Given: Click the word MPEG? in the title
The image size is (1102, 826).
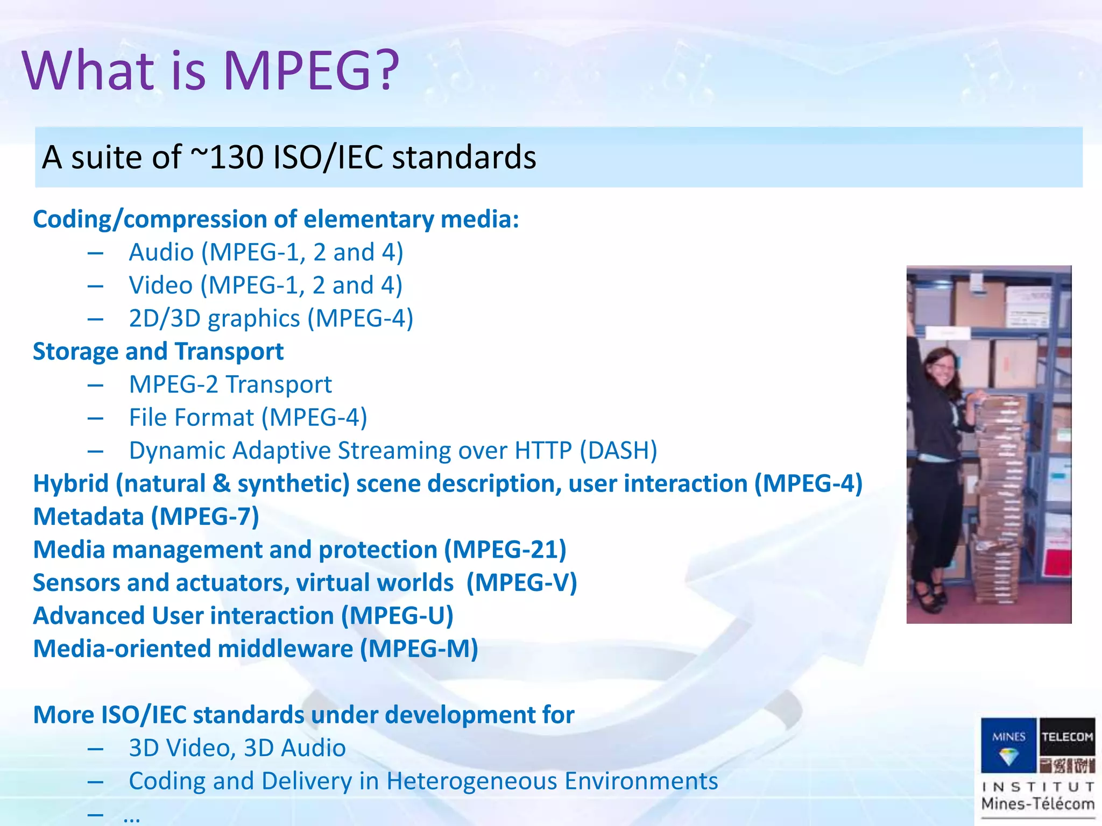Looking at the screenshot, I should [x=311, y=71].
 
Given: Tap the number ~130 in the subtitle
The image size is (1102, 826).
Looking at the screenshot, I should [x=227, y=158].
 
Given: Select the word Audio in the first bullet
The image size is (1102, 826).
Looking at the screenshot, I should [x=161, y=252].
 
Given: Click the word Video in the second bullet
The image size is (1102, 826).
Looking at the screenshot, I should [x=160, y=286].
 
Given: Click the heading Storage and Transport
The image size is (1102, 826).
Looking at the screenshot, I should [x=158, y=352].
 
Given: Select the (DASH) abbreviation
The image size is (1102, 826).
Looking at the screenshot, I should [x=618, y=451].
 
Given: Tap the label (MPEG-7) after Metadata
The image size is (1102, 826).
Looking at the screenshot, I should [x=204, y=517].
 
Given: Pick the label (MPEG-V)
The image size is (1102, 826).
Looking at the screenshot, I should [x=521, y=583].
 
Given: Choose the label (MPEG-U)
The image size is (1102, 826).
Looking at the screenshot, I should [x=397, y=616].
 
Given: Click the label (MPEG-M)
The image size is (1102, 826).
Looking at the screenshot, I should [x=419, y=649].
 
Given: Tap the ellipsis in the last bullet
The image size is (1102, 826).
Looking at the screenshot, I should [x=132, y=817].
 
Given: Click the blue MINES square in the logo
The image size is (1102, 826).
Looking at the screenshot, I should [x=1008, y=745].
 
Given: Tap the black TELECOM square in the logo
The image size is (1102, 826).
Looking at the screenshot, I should [x=1067, y=736].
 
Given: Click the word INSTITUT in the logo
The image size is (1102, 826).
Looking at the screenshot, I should [x=1037, y=787].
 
